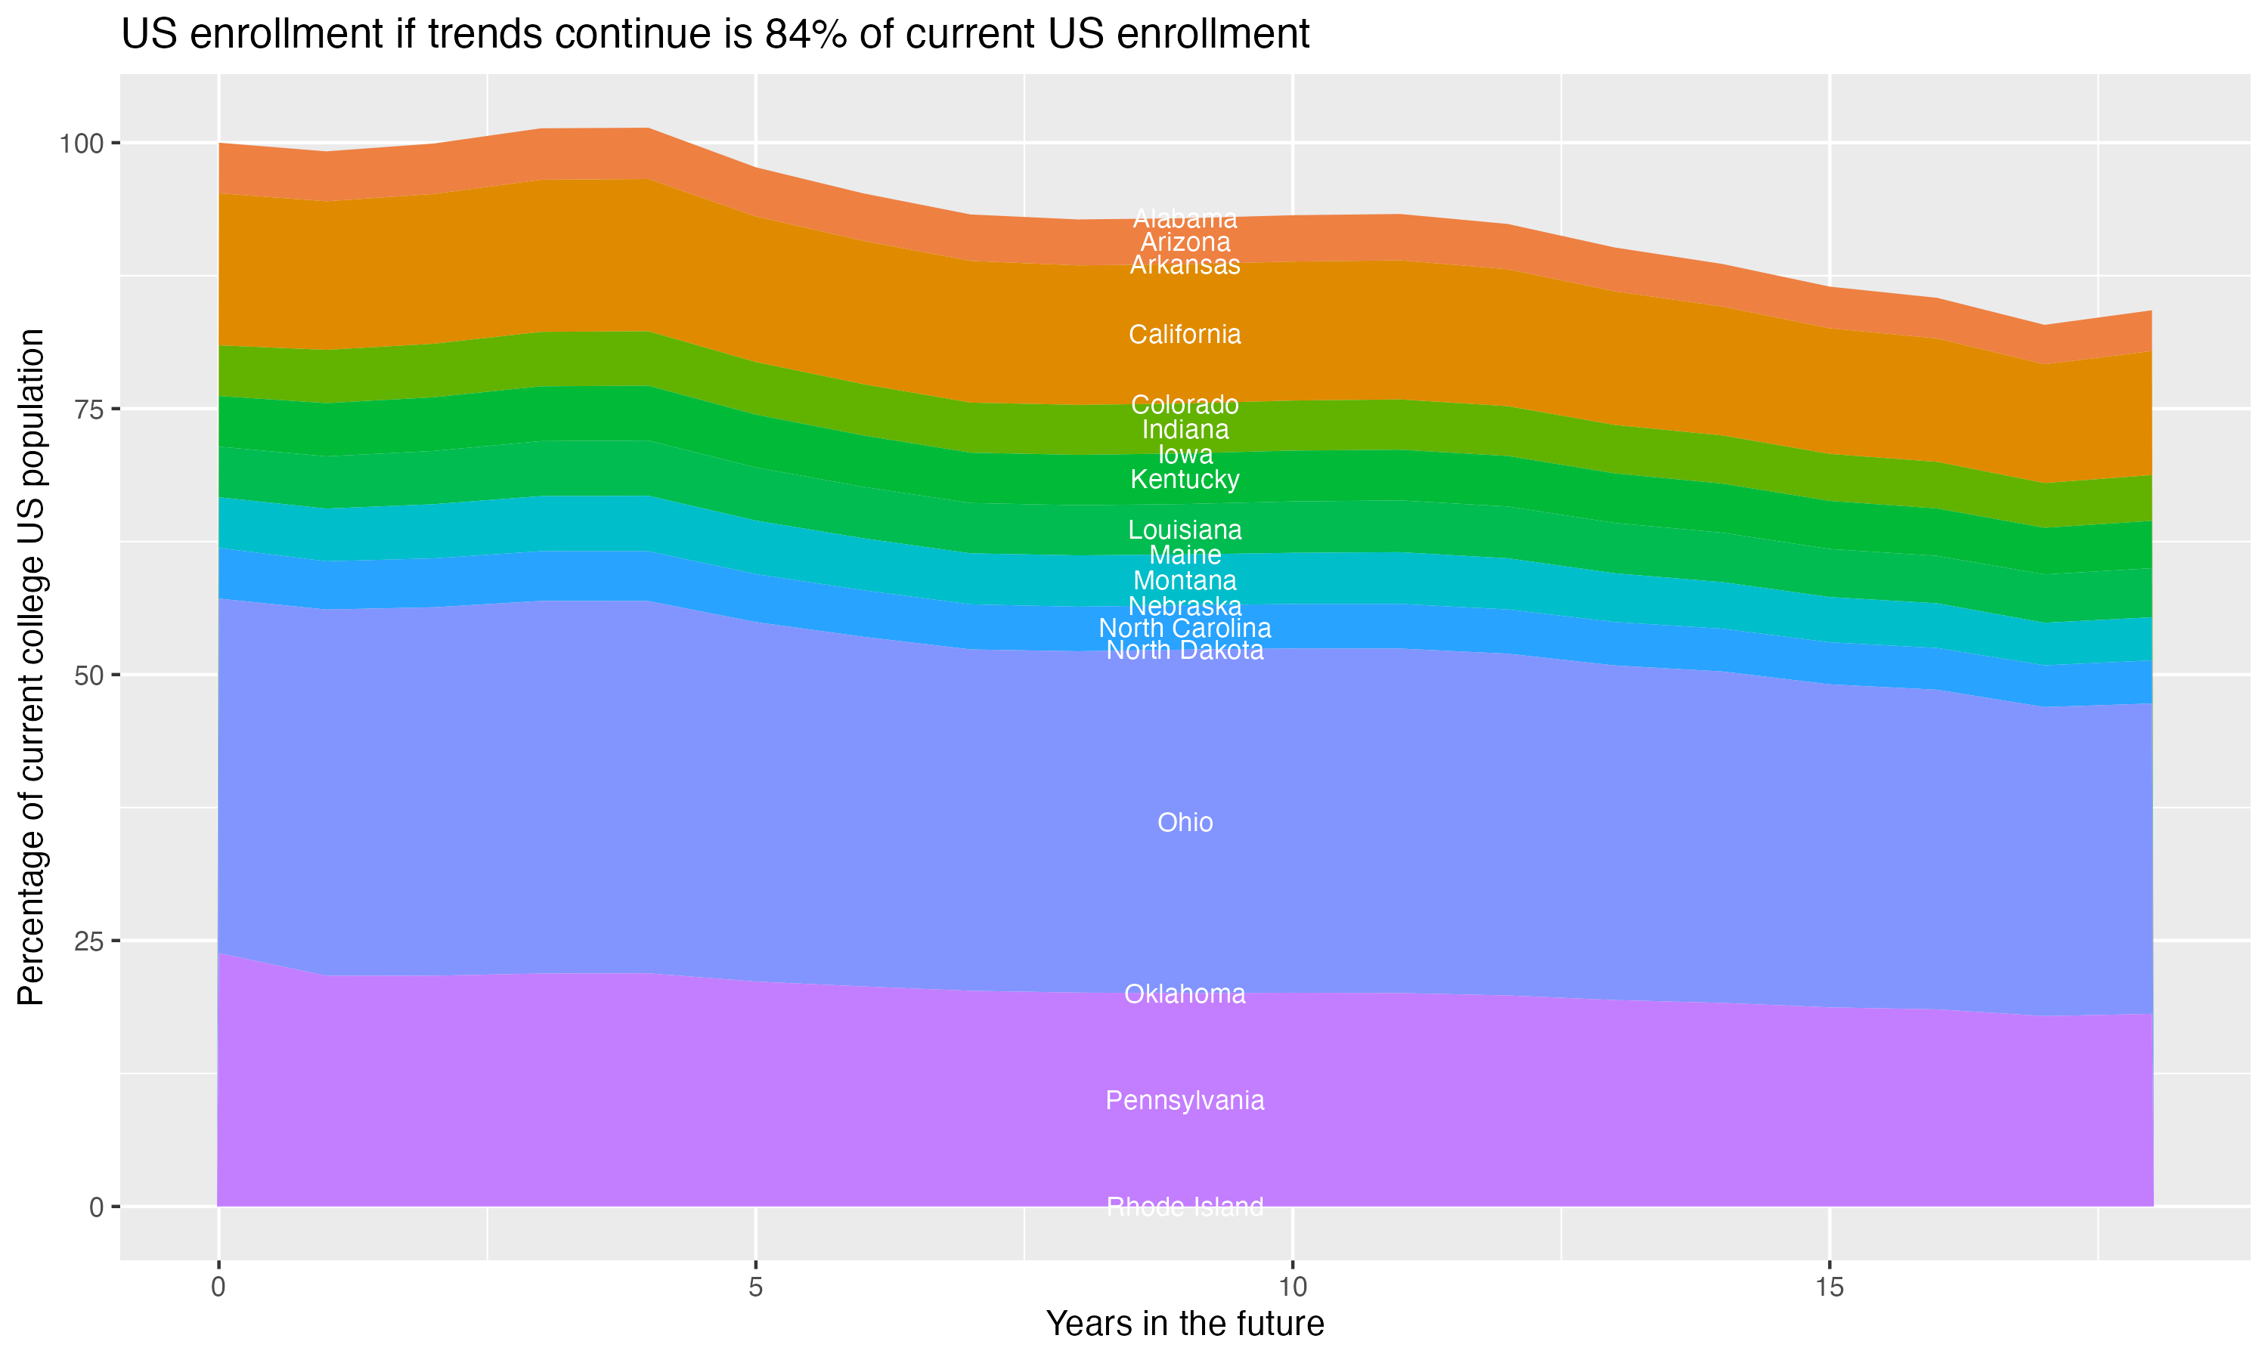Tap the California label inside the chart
pos(1185,335)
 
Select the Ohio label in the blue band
pos(1185,822)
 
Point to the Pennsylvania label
pos(1185,1100)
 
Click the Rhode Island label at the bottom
pos(1185,1207)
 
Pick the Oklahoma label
pos(1185,994)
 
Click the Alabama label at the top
pos(1185,219)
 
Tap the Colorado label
pos(1185,404)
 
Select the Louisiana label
pos(1185,530)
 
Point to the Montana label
pos(1185,580)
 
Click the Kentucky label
pos(1185,479)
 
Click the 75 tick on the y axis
pos(90,410)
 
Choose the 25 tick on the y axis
pos(90,941)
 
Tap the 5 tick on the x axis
pos(755,1287)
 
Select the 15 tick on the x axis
pos(1829,1287)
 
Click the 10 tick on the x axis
pos(1292,1287)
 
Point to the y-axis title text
pos(31,666)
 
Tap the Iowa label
pos(1185,455)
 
